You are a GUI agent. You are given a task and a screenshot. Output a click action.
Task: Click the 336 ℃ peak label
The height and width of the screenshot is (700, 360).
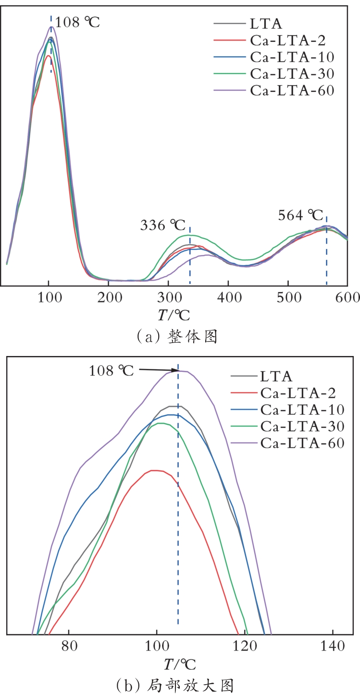click(162, 224)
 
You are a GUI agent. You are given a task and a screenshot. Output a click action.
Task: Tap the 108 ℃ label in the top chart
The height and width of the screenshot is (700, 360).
click(77, 22)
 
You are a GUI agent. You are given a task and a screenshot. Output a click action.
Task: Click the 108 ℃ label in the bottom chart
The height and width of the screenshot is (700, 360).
click(111, 371)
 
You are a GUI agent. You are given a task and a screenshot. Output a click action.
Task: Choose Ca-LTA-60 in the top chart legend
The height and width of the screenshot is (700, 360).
click(292, 90)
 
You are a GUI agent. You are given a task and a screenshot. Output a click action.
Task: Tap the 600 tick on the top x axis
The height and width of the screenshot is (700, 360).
click(347, 298)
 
